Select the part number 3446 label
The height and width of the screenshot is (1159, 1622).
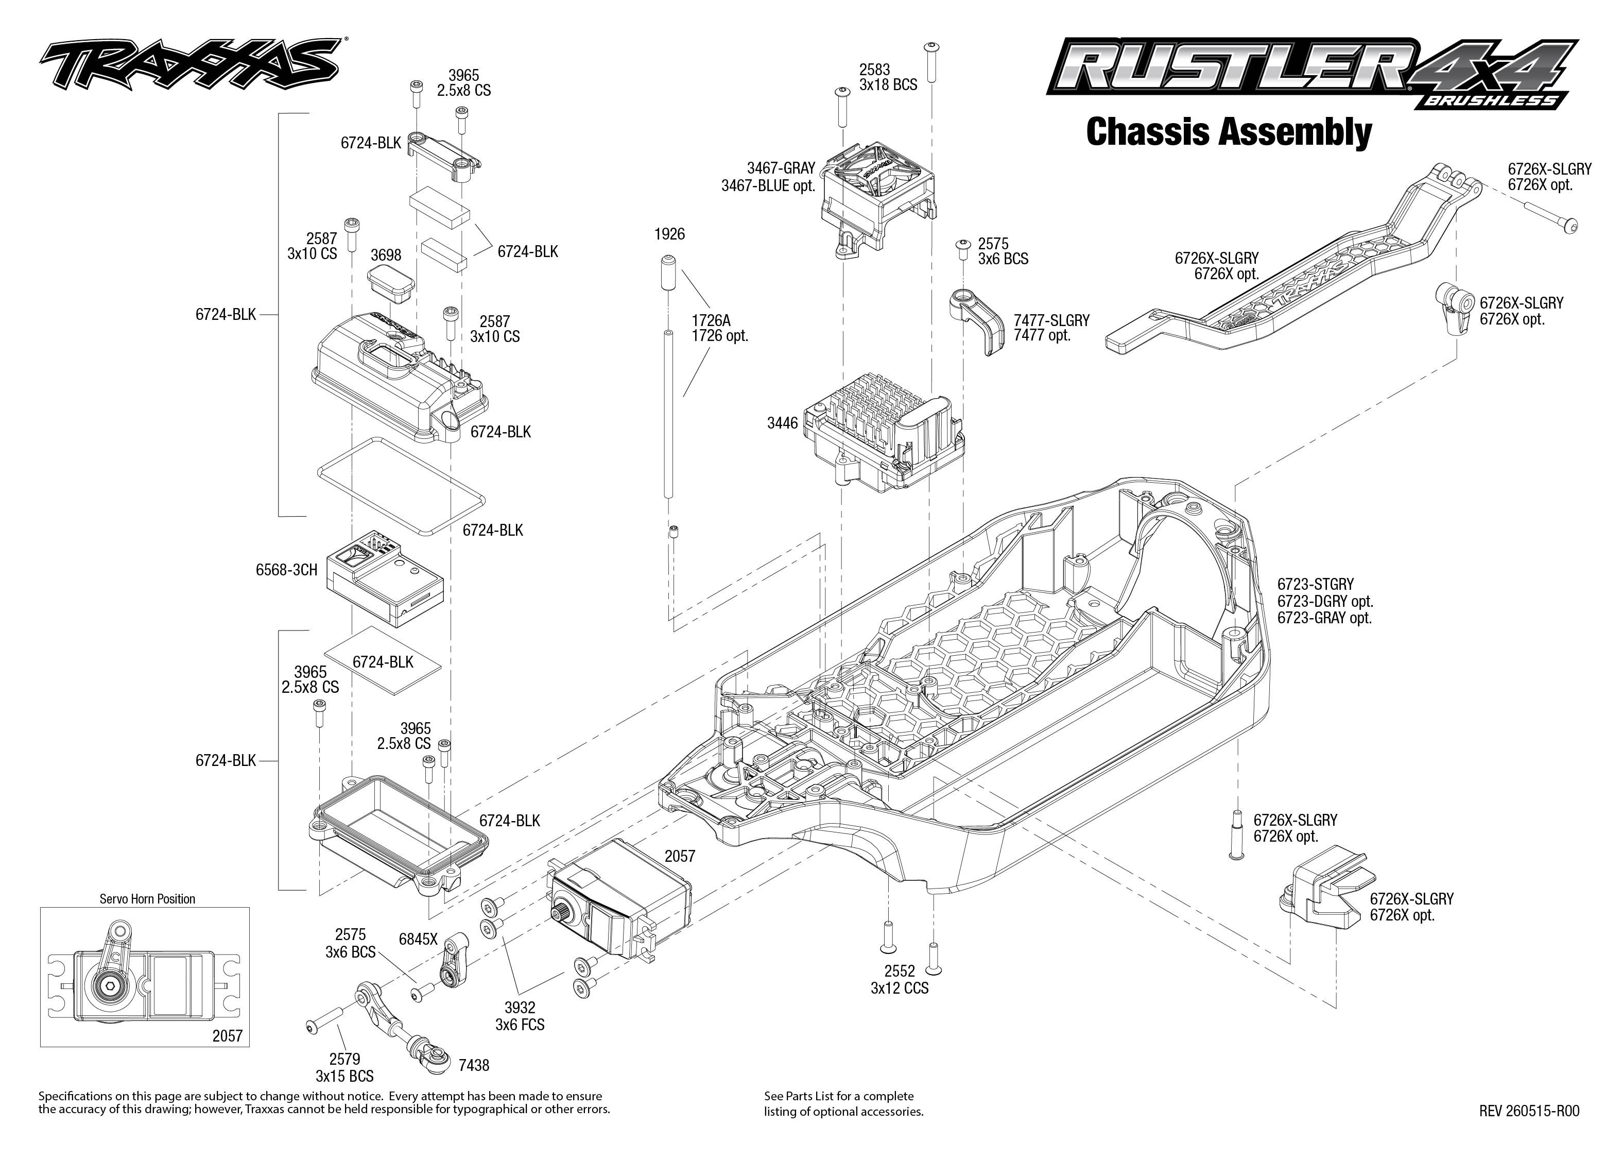[x=783, y=423]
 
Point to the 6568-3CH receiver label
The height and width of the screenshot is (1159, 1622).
[x=286, y=570]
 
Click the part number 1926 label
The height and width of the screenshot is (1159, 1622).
[x=669, y=234]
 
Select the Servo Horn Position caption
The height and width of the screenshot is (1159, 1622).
[x=147, y=899]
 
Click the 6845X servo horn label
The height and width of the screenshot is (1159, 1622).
[x=418, y=939]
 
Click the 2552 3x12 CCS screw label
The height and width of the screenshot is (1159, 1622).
[x=900, y=979]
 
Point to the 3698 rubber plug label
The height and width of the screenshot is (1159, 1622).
[x=386, y=255]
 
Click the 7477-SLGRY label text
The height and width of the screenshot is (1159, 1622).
[x=1052, y=321]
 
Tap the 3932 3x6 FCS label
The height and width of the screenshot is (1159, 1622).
[x=520, y=1016]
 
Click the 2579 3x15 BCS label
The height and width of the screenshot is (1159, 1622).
[x=344, y=1068]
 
